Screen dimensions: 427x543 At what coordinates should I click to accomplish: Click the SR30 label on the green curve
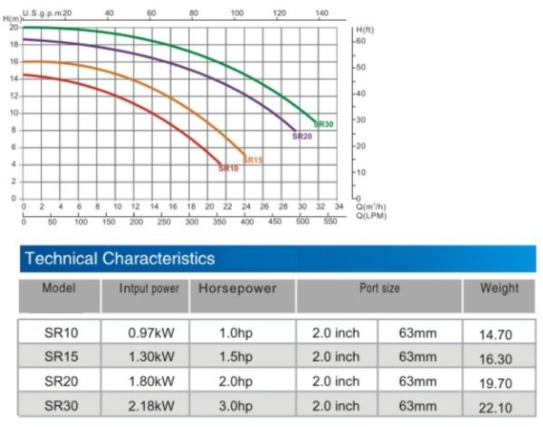click(323, 124)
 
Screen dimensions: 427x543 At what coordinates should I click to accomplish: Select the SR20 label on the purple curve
click(301, 137)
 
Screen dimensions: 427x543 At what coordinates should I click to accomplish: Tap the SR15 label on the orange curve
click(252, 160)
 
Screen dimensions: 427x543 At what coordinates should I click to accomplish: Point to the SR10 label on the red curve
click(228, 168)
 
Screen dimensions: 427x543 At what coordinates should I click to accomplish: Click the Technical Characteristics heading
click(120, 259)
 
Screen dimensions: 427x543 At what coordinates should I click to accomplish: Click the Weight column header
click(499, 289)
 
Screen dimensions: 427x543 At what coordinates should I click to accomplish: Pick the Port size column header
click(379, 289)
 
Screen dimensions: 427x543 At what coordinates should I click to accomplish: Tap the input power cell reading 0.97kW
click(151, 334)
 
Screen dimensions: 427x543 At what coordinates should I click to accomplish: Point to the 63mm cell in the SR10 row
click(418, 334)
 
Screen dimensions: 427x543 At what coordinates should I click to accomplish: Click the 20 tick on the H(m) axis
click(14, 27)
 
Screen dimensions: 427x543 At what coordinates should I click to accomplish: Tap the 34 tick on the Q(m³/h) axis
click(338, 207)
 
